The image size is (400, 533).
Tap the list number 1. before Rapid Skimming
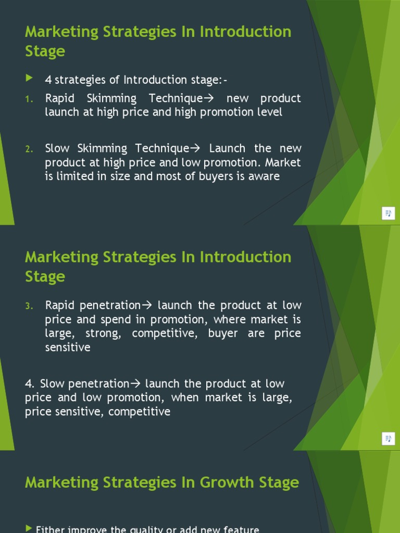point(29,99)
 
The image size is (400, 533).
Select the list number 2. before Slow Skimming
point(29,149)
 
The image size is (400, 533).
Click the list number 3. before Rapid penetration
point(29,306)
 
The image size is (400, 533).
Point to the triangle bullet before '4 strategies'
point(29,79)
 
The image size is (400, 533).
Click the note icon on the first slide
point(389,213)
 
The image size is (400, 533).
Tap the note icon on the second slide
point(389,439)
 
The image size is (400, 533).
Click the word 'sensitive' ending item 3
point(68,348)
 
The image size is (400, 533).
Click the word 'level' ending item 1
point(269,112)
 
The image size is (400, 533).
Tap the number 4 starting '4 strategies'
point(48,80)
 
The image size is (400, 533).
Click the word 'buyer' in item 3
point(223,334)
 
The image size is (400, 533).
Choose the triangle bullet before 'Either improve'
point(29,528)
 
